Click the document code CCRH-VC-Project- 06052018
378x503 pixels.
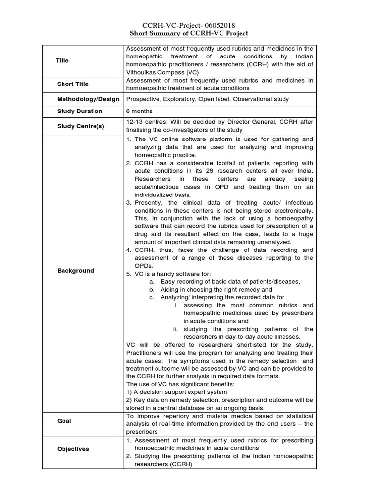189,25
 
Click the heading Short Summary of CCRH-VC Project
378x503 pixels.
189,33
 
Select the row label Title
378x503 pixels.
63,60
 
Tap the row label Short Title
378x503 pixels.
73,84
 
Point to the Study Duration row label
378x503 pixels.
80,111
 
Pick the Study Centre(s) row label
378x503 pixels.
81,126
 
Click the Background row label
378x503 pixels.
75,271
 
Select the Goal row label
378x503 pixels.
64,421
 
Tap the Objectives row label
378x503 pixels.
73,449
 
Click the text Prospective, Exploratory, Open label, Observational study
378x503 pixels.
208,99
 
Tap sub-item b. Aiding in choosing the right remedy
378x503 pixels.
217,289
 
